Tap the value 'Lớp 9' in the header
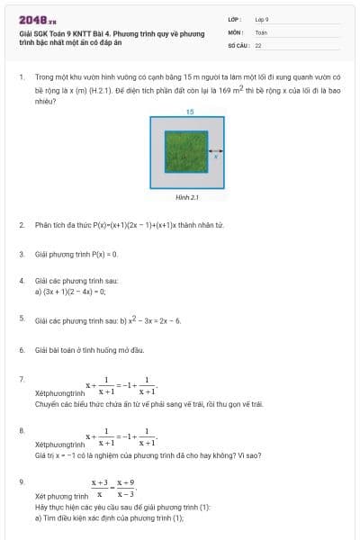pyautogui.click(x=263, y=19)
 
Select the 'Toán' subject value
pyautogui.click(x=261, y=31)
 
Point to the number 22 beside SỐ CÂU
pyautogui.click(x=258, y=44)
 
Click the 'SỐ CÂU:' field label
pyautogui.click(x=238, y=44)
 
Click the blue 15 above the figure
pyautogui.click(x=190, y=112)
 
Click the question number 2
pyautogui.click(x=21, y=224)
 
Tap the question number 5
pyautogui.click(x=21, y=318)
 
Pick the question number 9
pyautogui.click(x=21, y=481)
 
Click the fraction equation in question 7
pyautogui.click(x=121, y=385)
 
